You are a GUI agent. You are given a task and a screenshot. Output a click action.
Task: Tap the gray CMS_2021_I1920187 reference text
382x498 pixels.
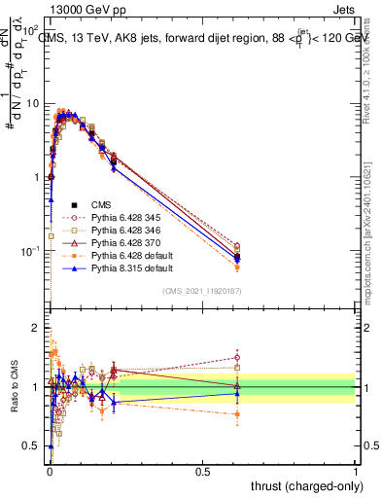201,291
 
